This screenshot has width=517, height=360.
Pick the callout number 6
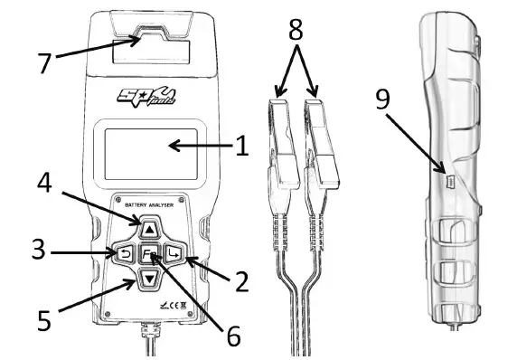tap(231, 336)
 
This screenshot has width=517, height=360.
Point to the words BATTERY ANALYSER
tap(149, 207)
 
